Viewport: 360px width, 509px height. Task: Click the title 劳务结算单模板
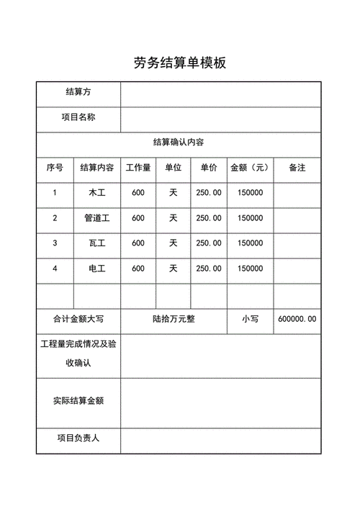pyautogui.click(x=180, y=63)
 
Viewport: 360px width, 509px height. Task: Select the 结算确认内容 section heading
pyautogui.click(x=179, y=143)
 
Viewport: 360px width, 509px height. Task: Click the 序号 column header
pyautogui.click(x=55, y=168)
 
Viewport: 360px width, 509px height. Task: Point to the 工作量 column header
pyautogui.click(x=138, y=168)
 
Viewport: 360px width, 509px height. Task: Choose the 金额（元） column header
pyautogui.click(x=249, y=168)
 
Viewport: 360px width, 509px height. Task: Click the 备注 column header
pyautogui.click(x=297, y=168)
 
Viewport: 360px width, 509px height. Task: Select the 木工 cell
pyautogui.click(x=96, y=193)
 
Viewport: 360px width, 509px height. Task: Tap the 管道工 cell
pyautogui.click(x=96, y=218)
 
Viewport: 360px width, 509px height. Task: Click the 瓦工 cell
pyautogui.click(x=96, y=243)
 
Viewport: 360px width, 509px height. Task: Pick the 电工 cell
pyautogui.click(x=96, y=269)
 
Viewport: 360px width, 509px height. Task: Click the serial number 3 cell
pyautogui.click(x=55, y=243)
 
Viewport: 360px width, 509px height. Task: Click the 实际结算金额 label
pyautogui.click(x=78, y=400)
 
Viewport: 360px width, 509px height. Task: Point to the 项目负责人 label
pyautogui.click(x=78, y=438)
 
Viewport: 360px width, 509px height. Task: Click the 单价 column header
pyautogui.click(x=209, y=168)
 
